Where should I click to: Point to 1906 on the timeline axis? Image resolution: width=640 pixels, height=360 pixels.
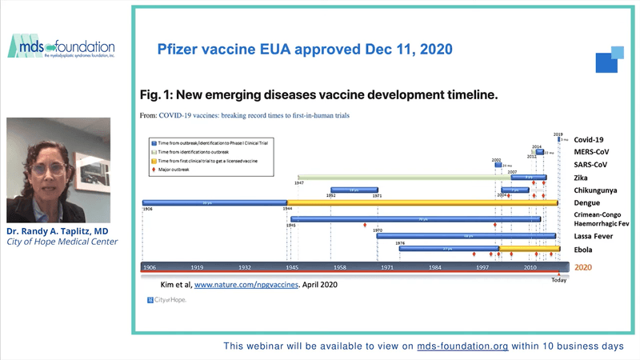coord(150,266)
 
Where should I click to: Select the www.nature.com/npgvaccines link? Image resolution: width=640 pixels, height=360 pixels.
coord(246,283)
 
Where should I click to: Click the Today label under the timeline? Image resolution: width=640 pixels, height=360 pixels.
coord(558,279)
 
